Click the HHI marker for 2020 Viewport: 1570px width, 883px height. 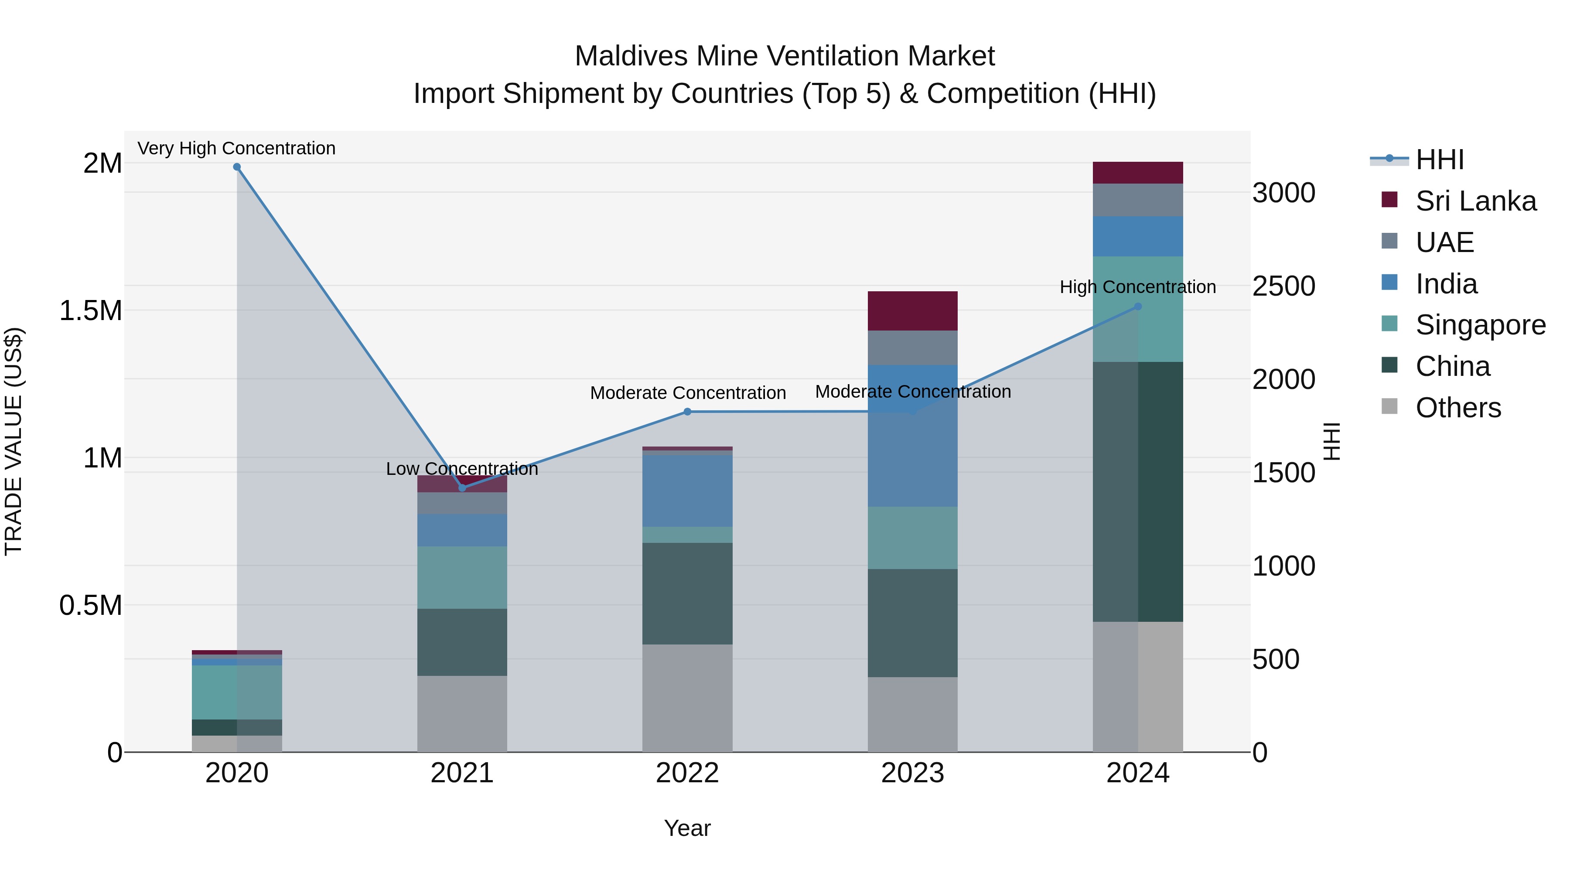[x=237, y=167]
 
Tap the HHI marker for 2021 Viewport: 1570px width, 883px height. [x=462, y=488]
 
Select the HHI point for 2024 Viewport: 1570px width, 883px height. [x=1137, y=307]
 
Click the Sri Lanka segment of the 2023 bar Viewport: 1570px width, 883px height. [x=912, y=311]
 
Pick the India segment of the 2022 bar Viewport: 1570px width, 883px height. [x=687, y=491]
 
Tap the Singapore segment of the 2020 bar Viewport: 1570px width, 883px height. [x=237, y=692]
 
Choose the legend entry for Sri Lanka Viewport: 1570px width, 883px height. [x=1475, y=201]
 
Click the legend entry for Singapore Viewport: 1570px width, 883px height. [x=1480, y=325]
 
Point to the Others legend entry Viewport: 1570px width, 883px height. [x=1458, y=408]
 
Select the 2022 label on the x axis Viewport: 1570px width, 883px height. [x=687, y=773]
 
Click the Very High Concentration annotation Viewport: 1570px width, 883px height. [x=236, y=148]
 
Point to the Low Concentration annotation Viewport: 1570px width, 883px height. [x=462, y=469]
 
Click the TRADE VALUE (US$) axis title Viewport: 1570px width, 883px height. [x=14, y=441]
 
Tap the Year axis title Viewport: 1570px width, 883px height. [x=687, y=828]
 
